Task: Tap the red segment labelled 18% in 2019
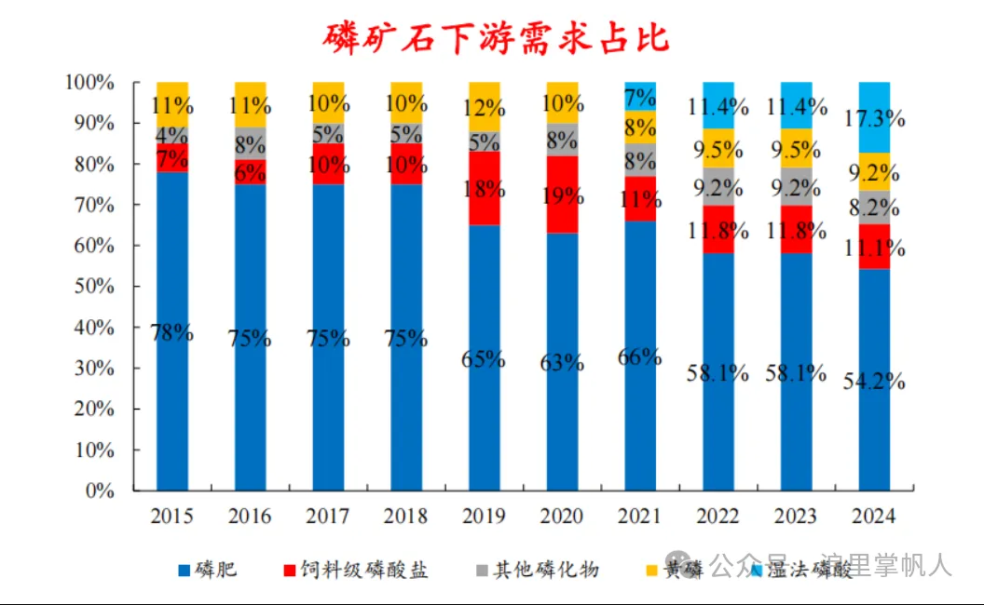(x=484, y=188)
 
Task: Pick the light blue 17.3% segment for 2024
(x=874, y=117)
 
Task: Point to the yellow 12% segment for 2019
(x=484, y=106)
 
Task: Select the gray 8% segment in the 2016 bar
(x=250, y=143)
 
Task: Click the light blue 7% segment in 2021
(x=640, y=96)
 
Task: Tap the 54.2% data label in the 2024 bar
(x=874, y=383)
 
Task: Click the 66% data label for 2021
(x=640, y=357)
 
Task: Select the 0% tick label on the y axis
(x=98, y=491)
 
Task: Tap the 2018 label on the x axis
(x=406, y=517)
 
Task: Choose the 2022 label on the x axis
(x=718, y=517)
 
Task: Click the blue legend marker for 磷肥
(x=183, y=570)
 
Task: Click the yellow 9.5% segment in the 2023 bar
(x=796, y=148)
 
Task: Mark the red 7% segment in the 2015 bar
(x=172, y=158)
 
